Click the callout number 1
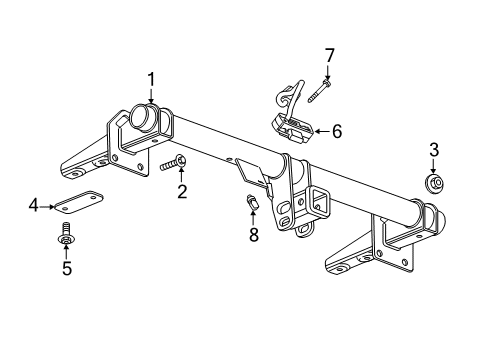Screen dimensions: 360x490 point(151,78)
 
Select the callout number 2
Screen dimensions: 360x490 point(182,190)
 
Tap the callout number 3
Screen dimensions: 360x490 point(434,151)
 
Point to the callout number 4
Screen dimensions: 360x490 point(33,206)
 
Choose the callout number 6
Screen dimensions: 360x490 point(337,130)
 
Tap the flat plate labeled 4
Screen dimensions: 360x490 point(80,203)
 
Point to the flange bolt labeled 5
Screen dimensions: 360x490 point(65,237)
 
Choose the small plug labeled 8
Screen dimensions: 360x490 point(252,205)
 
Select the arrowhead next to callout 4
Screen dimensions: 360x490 point(51,206)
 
